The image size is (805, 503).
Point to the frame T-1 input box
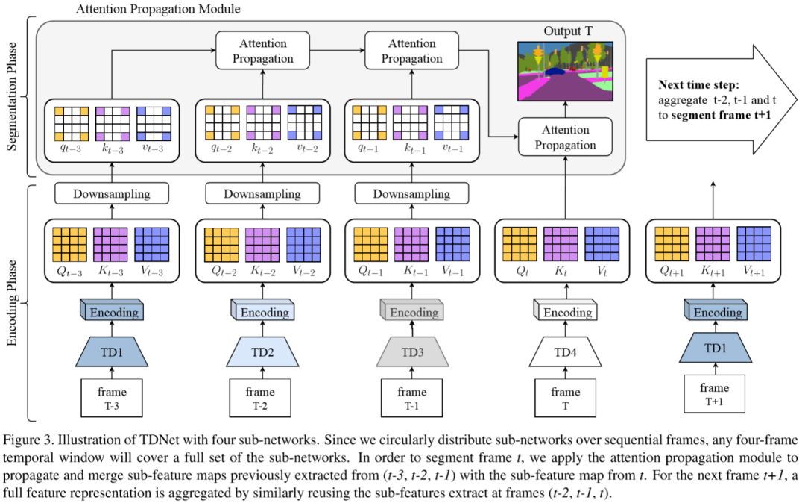[x=412, y=398]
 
